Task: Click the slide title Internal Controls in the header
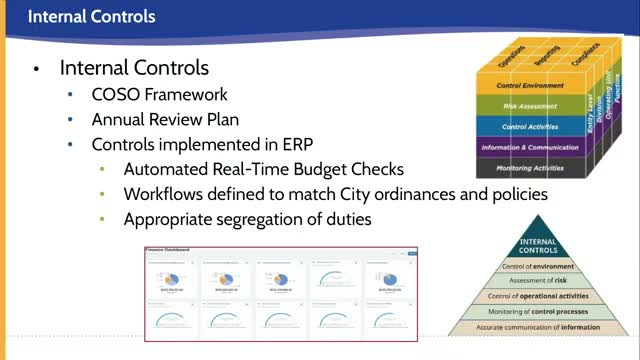tap(91, 17)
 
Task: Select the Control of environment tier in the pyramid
tap(538, 267)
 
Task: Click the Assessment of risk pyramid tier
tap(538, 281)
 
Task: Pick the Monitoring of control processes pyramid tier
tap(538, 311)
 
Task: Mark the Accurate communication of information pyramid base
tap(538, 326)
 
